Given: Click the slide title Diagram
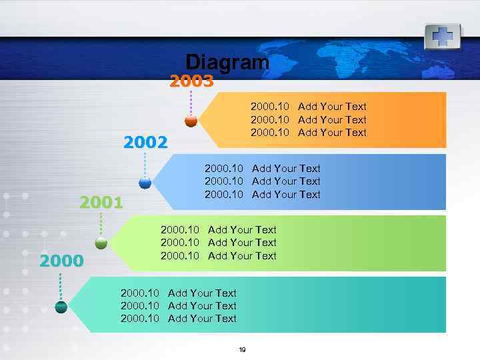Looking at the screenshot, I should tap(227, 62).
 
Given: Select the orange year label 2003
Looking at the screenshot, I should tap(191, 81).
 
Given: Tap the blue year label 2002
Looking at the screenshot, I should tap(145, 142).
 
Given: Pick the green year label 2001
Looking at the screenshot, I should tap(101, 202).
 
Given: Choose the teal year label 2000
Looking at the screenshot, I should tap(61, 261).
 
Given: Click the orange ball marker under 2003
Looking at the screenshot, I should tap(191, 121).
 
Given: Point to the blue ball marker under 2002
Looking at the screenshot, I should tap(145, 182).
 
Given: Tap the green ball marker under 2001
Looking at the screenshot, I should tap(101, 243).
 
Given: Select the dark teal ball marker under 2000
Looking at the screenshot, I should tap(61, 307).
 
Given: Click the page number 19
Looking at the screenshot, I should tap(242, 350).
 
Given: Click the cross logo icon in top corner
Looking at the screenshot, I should tap(443, 35).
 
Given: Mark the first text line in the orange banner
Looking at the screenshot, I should tap(308, 107).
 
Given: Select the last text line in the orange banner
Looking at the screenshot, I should tap(308, 133).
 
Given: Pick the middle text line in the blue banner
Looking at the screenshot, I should tap(262, 181).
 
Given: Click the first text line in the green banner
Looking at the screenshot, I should tap(218, 230).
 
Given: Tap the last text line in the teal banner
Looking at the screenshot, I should tap(178, 319).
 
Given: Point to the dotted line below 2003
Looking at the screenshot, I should tap(191, 103).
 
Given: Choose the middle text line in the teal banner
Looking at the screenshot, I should tap(178, 306).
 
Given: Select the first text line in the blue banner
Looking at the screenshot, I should tap(262, 169).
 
